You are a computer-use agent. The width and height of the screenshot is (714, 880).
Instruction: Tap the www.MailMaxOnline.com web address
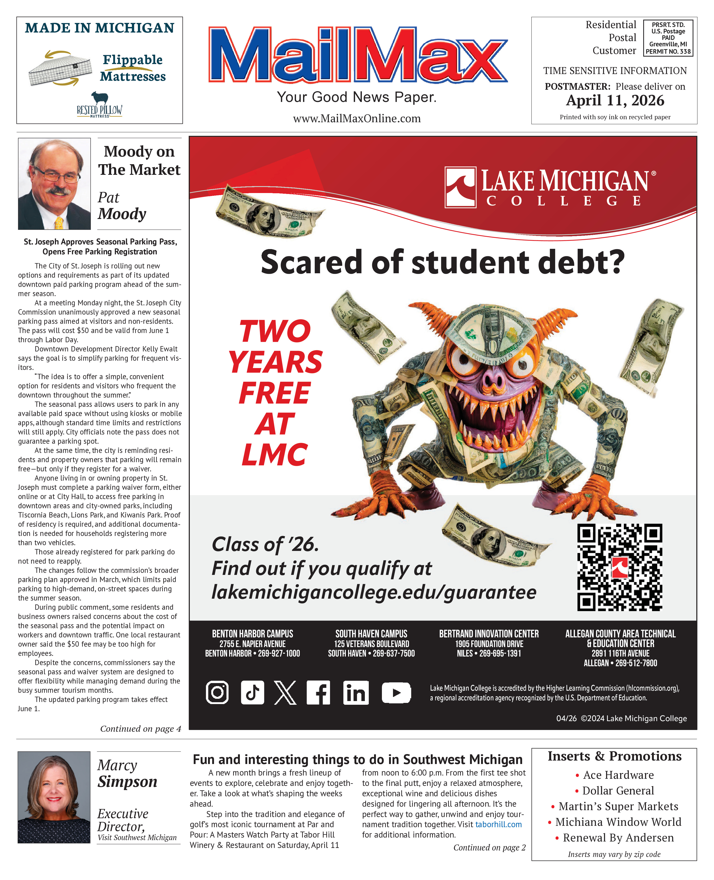(x=357, y=119)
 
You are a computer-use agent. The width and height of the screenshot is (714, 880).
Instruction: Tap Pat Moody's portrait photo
(x=54, y=184)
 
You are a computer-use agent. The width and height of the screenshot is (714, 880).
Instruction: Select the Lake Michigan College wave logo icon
(x=460, y=187)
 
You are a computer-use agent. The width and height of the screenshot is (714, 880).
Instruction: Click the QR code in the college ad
(x=619, y=568)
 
